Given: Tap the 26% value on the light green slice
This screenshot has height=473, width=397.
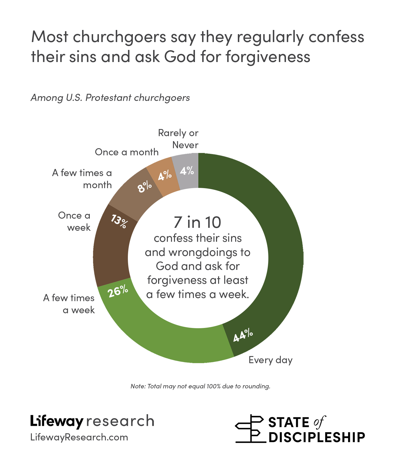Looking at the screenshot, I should coord(118,291).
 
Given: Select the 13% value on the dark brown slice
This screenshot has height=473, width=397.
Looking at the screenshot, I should coord(119,221).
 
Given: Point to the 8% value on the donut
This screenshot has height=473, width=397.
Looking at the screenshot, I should coord(145,187).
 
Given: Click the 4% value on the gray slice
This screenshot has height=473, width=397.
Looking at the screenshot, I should coord(187,171).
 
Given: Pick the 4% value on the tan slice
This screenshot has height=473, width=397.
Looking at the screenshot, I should coord(165,175).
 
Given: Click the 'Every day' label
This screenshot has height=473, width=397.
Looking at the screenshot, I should coord(270,360).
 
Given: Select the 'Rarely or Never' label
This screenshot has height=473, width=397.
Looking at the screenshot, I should coord(179,139).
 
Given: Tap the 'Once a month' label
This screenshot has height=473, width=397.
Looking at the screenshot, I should coord(127,152).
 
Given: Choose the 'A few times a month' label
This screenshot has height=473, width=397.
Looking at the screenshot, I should coord(82,179).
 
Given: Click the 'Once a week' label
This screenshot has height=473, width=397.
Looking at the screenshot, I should coord(74,221).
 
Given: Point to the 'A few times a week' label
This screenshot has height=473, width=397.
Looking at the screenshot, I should coord(69,304).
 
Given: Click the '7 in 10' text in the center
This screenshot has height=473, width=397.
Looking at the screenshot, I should coord(197,222).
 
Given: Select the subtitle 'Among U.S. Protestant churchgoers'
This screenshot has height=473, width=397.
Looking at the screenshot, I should coord(110,98).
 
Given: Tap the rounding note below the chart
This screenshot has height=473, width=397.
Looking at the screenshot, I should coord(200,386).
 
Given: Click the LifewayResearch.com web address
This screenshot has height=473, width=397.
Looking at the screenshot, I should coord(79,437).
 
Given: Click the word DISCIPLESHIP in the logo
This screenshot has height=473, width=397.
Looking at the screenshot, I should coord(317,438).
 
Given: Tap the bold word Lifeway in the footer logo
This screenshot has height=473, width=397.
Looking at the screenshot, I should coord(57,421).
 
